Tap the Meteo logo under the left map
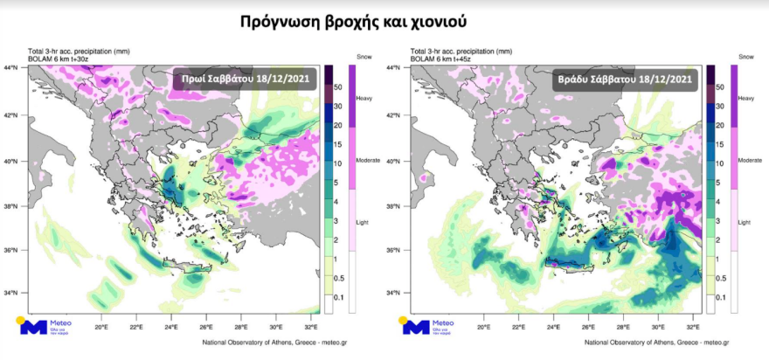[48, 328]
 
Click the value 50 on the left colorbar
[337, 88]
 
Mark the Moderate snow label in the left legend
[368, 161]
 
